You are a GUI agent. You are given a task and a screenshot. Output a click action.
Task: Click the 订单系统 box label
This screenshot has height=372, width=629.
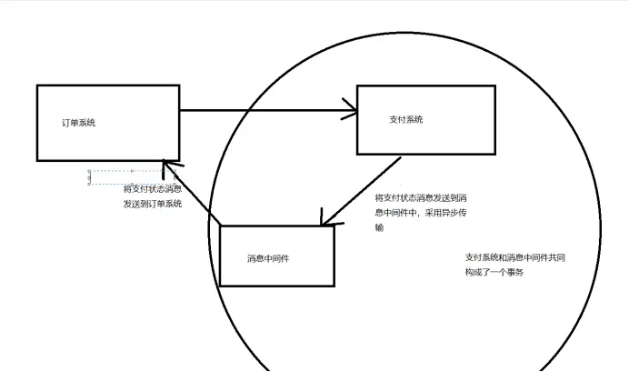78,123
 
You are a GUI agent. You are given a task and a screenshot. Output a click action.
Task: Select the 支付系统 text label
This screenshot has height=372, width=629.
405,119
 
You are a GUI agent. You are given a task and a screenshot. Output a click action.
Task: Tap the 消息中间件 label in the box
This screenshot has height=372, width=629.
268,258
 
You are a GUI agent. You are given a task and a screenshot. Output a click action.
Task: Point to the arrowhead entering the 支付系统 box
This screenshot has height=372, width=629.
350,113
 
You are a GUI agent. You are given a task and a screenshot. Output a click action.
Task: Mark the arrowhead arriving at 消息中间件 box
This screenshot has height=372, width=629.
324,221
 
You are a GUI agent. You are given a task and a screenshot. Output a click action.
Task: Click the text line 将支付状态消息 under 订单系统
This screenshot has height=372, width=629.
152,189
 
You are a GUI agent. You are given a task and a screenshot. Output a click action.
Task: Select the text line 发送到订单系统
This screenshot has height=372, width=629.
152,204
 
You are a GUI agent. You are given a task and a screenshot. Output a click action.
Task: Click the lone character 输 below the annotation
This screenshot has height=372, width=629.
379,227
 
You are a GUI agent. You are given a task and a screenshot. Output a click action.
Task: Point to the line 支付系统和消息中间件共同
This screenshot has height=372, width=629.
515,257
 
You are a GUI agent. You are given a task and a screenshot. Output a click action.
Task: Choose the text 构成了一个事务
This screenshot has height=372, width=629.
494,272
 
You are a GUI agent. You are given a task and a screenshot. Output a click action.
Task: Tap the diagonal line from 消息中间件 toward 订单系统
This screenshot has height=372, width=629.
193,194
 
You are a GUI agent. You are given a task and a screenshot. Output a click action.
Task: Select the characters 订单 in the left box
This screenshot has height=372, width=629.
69,123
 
